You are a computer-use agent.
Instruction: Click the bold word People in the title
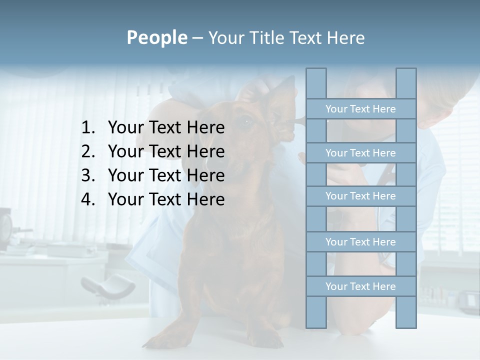pos(156,37)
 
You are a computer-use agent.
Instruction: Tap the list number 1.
pos(87,128)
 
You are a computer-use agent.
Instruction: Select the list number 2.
pos(87,151)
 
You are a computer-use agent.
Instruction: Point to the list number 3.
pos(87,175)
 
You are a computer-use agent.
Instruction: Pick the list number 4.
pos(87,199)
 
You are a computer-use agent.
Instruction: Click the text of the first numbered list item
pos(166,128)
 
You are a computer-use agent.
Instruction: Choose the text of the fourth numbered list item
pos(166,199)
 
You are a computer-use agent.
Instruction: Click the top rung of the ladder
pos(360,109)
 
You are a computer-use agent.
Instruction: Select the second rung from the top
pos(360,153)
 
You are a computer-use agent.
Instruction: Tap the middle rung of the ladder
pos(360,196)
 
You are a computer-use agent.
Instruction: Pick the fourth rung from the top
pos(360,242)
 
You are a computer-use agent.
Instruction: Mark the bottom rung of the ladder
pos(360,286)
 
